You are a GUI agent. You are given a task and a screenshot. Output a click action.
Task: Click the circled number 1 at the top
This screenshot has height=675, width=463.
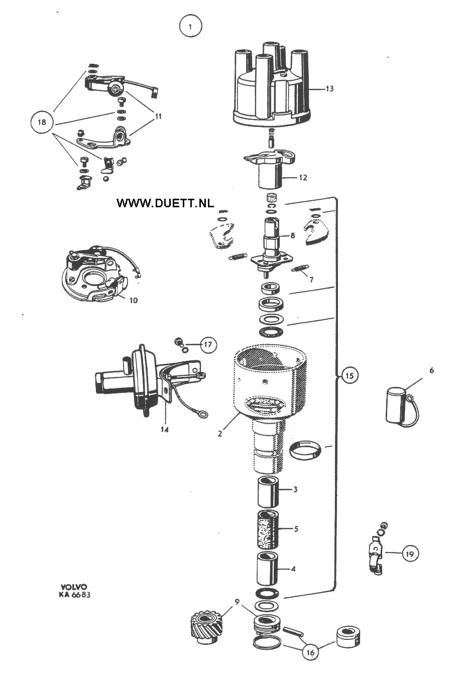190,27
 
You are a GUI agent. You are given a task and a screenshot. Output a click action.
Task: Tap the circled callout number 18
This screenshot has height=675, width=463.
42,122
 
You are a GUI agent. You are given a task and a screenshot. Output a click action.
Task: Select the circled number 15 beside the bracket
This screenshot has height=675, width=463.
350,375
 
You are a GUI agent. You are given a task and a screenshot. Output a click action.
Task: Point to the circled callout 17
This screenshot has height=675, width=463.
208,344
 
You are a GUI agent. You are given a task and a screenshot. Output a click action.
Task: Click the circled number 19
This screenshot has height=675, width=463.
410,554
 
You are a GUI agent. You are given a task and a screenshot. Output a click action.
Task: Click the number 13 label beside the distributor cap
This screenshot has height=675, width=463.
330,89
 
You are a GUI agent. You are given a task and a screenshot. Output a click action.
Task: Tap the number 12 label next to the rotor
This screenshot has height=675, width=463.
303,178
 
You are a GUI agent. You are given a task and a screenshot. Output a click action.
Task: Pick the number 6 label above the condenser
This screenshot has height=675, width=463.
432,370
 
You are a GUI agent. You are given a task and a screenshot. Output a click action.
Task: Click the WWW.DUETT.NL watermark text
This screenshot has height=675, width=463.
165,203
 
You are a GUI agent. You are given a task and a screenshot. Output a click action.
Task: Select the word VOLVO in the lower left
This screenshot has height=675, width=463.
74,587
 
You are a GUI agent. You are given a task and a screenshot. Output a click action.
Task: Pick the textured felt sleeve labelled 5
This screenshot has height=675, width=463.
268,530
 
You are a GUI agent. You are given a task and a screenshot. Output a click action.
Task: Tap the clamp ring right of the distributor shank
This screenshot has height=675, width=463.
305,452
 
